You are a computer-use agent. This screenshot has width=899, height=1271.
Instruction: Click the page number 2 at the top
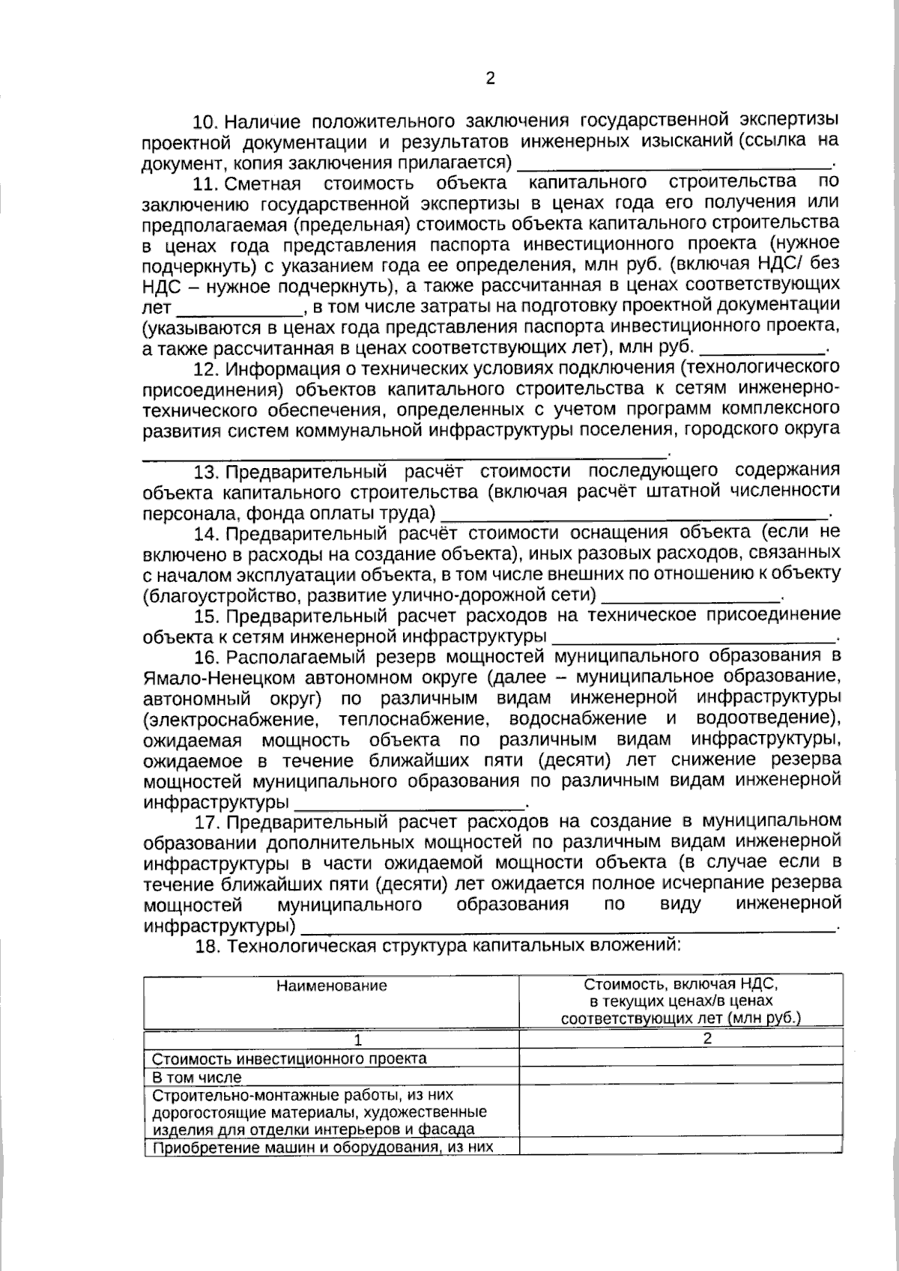[x=491, y=79]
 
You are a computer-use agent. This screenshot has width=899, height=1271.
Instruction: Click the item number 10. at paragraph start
[x=205, y=122]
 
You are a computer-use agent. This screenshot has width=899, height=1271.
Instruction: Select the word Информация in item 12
[x=276, y=369]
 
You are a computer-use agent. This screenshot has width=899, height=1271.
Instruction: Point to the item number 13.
[x=205, y=473]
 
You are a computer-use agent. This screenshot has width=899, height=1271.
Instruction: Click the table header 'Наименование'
[x=332, y=986]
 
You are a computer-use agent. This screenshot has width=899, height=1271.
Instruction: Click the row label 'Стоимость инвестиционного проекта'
[x=289, y=1059]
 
